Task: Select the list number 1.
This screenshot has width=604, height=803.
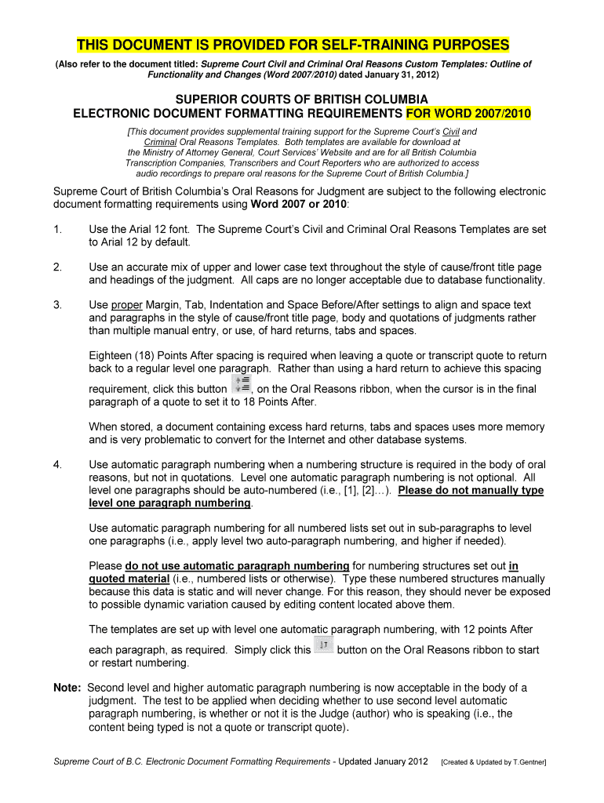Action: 56,230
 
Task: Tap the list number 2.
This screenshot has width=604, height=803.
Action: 56,267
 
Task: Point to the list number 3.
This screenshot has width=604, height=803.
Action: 56,305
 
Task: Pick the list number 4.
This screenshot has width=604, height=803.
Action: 56,464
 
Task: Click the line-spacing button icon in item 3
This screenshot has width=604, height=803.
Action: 242,383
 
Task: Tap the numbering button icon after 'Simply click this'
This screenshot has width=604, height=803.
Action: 323,646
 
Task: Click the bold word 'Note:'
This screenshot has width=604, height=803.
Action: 67,688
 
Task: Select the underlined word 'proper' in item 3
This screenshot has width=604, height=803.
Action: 126,305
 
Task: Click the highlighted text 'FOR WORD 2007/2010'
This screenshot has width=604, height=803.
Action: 468,114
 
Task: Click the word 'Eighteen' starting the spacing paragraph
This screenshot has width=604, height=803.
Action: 112,355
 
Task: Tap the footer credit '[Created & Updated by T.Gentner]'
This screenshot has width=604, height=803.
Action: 494,761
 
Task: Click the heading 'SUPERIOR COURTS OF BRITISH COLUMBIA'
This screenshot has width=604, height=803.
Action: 301,100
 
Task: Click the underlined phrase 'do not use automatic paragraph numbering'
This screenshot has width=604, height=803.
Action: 237,565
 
